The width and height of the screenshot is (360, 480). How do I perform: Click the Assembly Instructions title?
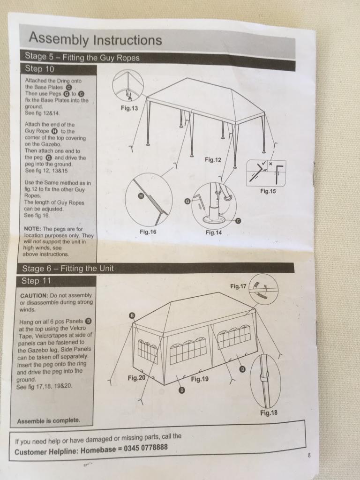(95, 39)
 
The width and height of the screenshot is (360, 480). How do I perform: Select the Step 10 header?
(40, 68)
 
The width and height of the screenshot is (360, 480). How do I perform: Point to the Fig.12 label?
(213, 160)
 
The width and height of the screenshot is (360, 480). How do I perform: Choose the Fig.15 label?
(268, 191)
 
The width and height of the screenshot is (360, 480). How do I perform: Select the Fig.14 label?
(213, 232)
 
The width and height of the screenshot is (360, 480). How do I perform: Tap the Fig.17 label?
(238, 286)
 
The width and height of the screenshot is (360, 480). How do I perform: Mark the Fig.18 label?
(269, 413)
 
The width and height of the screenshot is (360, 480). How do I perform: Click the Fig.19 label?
(199, 379)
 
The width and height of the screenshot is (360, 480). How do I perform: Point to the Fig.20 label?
(137, 378)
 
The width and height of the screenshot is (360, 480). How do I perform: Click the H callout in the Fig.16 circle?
(140, 197)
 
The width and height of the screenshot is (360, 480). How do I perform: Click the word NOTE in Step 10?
(33, 229)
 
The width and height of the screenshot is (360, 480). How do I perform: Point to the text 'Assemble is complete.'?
(49, 421)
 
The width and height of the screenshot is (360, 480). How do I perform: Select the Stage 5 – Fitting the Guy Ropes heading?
(82, 58)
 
